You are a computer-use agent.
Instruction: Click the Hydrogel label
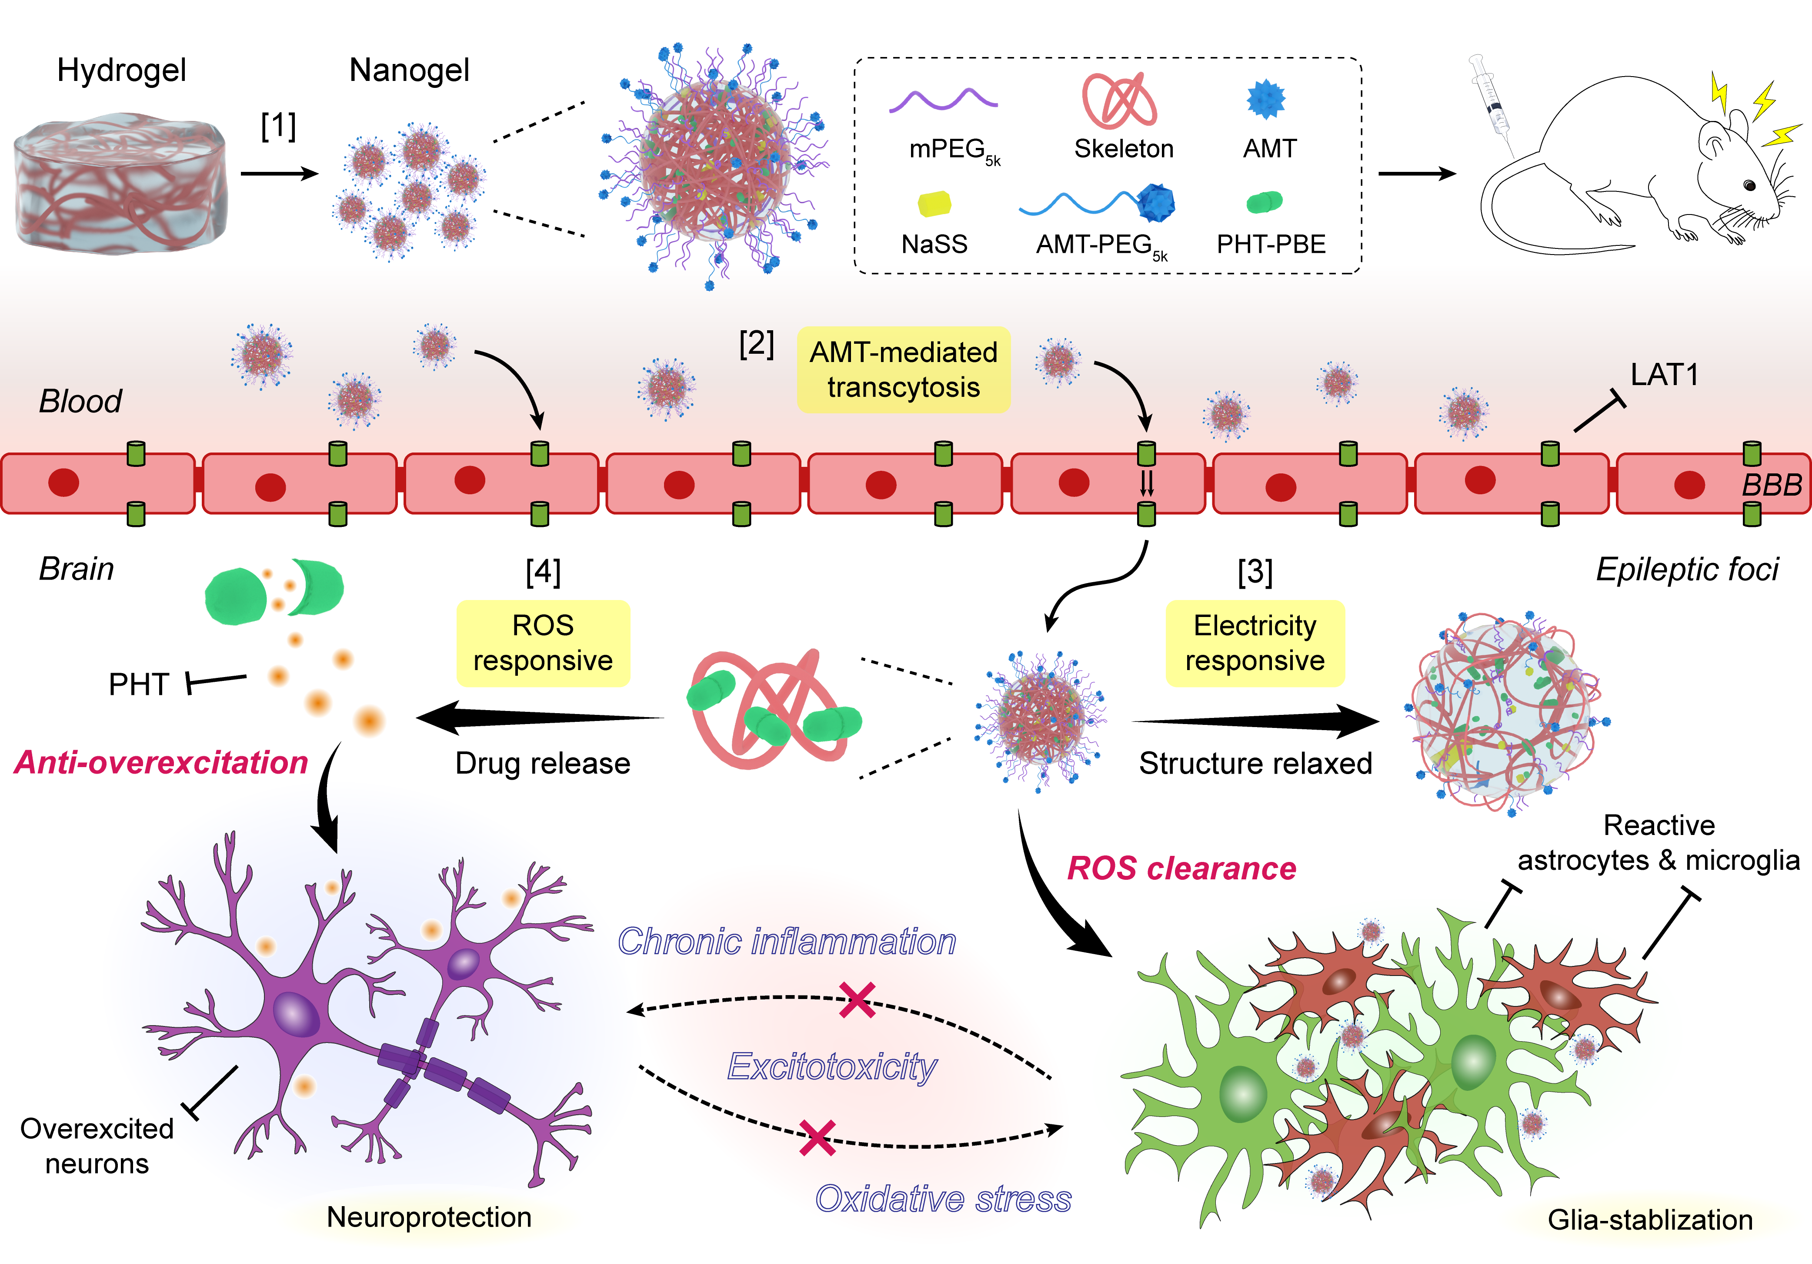[x=121, y=70]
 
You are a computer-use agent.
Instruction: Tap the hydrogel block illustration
[x=120, y=185]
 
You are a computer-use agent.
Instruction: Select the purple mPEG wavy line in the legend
[x=943, y=100]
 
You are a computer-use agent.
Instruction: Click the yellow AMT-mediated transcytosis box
[x=904, y=369]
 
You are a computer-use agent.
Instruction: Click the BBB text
[x=1772, y=485]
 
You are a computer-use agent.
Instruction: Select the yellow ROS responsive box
[x=543, y=643]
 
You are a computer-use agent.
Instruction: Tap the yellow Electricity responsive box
[x=1255, y=643]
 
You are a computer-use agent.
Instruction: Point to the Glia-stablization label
[x=1649, y=1220]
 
